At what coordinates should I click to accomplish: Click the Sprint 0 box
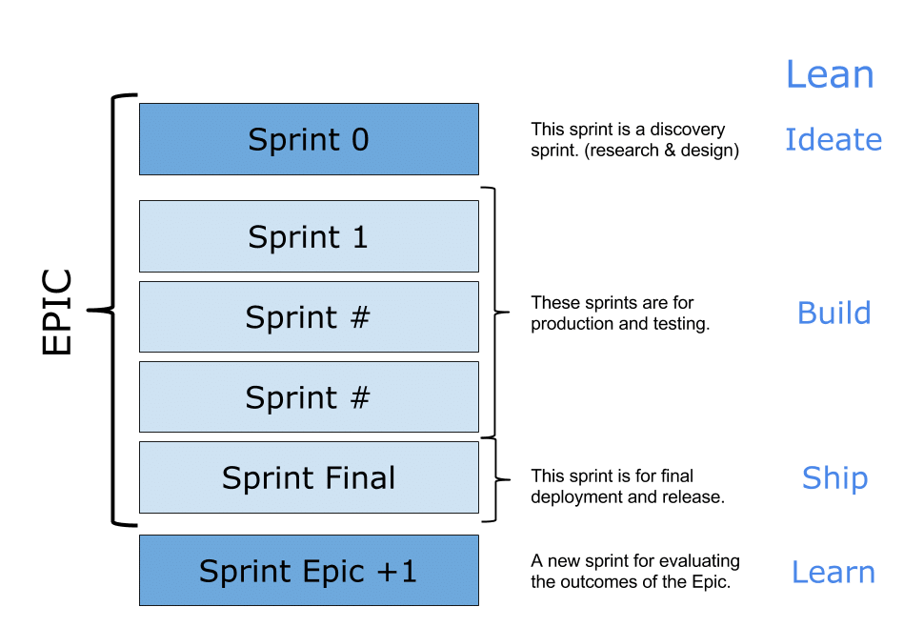pyautogui.click(x=309, y=139)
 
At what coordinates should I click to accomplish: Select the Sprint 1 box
pyautogui.click(x=309, y=236)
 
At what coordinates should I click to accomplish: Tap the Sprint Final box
pyautogui.click(x=309, y=477)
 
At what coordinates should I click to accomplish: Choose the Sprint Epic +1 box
pyautogui.click(x=309, y=571)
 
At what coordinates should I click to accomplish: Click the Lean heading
pyautogui.click(x=829, y=74)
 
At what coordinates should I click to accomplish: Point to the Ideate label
pyautogui.click(x=834, y=140)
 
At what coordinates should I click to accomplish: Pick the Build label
pyautogui.click(x=834, y=313)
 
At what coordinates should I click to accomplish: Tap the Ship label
pyautogui.click(x=834, y=478)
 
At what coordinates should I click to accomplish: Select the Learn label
pyautogui.click(x=834, y=572)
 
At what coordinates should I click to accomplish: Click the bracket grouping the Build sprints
pyautogui.click(x=492, y=311)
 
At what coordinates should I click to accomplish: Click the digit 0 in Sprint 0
pyautogui.click(x=359, y=139)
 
